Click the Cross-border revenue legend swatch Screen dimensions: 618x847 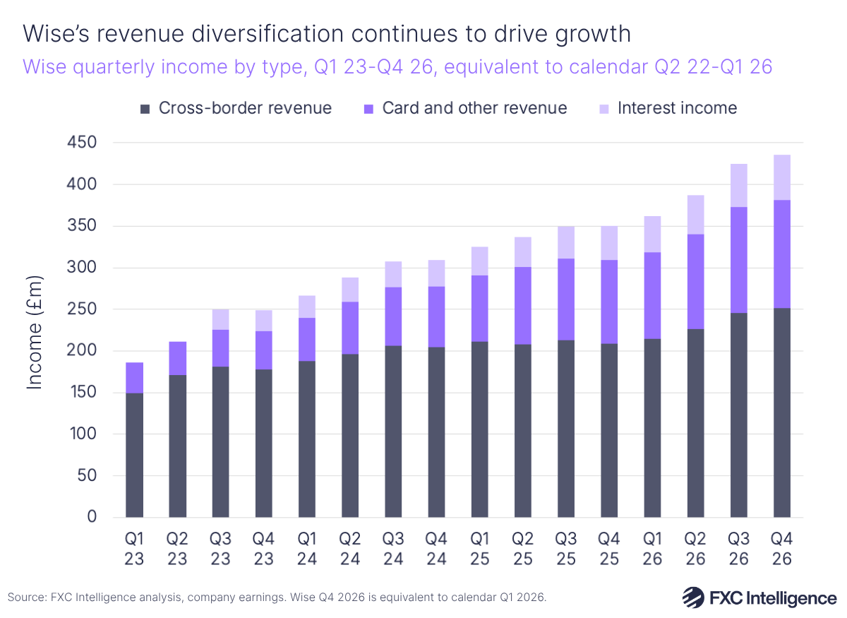click(145, 109)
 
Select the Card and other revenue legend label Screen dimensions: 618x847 click(474, 108)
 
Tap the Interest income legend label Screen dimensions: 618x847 click(677, 108)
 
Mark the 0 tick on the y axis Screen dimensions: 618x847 click(92, 517)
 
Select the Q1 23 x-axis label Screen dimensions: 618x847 click(135, 549)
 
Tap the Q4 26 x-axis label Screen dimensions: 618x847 click(782, 549)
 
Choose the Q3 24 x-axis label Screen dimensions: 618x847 click(394, 549)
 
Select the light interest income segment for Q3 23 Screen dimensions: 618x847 click(221, 319)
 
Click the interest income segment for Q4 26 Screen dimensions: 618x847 click(782, 177)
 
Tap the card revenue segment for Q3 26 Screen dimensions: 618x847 click(739, 260)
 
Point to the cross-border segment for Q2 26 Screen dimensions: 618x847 click(696, 423)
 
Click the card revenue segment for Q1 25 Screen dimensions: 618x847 click(480, 309)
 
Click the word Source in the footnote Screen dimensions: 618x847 click(23, 598)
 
